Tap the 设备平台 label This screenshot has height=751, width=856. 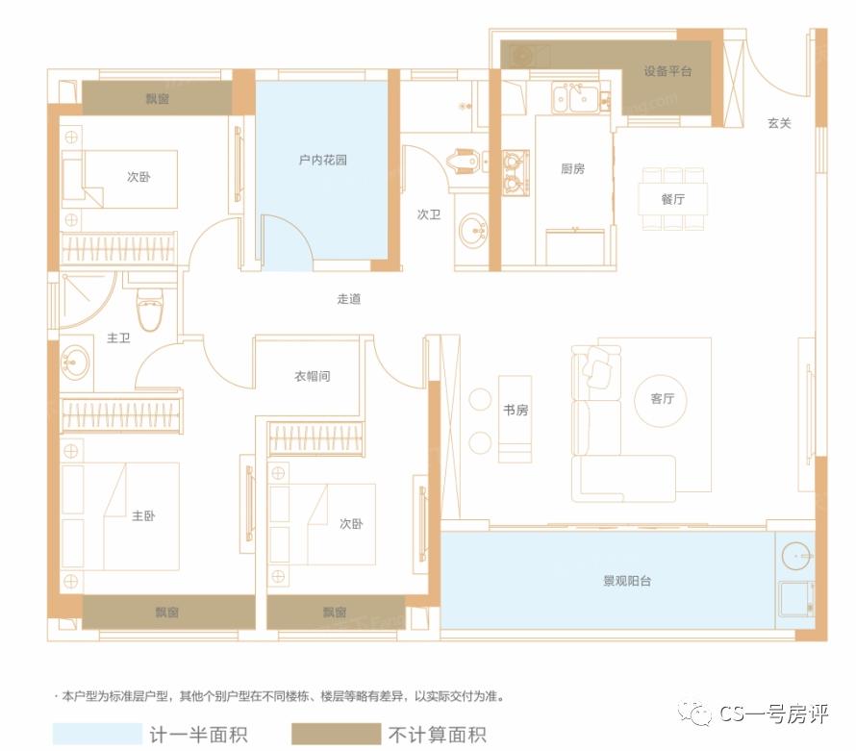[668, 71]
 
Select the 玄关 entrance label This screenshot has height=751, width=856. [779, 123]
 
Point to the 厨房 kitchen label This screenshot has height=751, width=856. [572, 168]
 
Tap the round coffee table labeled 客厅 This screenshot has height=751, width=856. [663, 399]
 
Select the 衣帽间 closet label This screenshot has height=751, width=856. [312, 376]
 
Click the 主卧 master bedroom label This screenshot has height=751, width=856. [143, 515]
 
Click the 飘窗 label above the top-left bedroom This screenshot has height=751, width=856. [157, 97]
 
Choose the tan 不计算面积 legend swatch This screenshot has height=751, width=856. [338, 735]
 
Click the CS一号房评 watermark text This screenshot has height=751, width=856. [773, 713]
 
